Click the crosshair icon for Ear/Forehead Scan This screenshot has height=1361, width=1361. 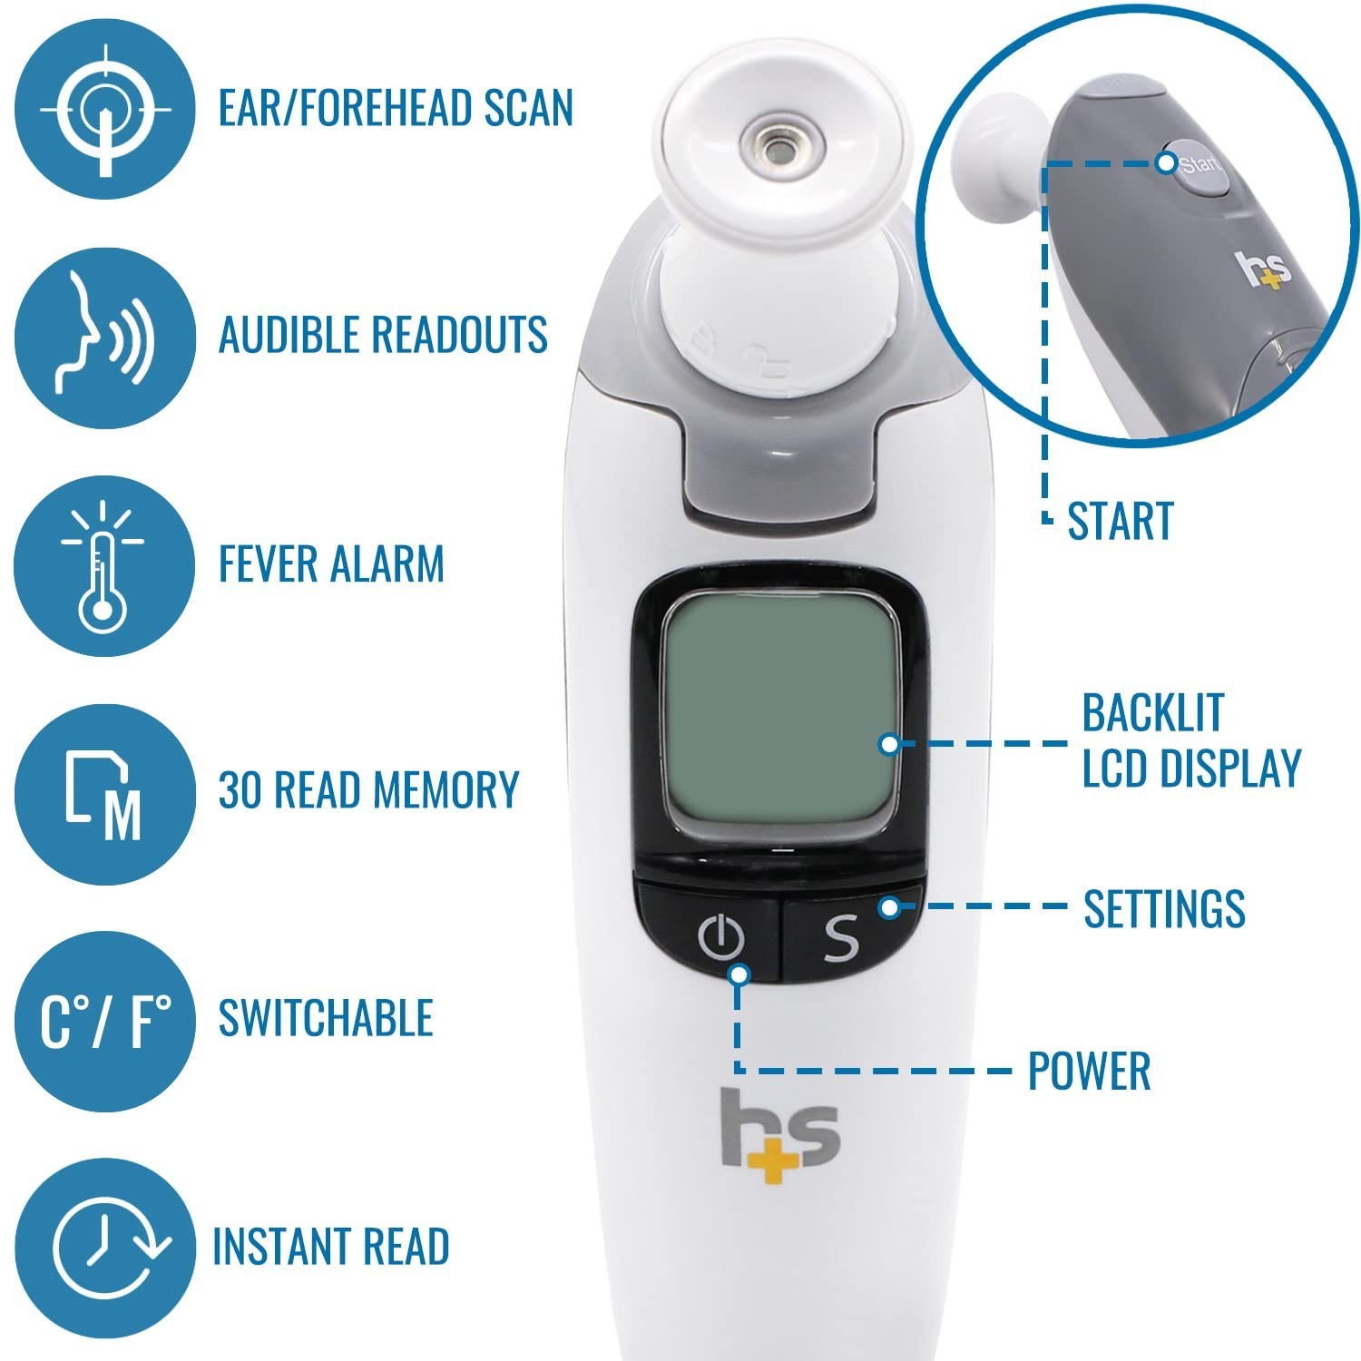(x=104, y=109)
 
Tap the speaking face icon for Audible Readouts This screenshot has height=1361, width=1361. (x=104, y=337)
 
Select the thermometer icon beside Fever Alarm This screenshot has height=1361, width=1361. (x=104, y=565)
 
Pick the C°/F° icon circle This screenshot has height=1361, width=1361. (x=104, y=1021)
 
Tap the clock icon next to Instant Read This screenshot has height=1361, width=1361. (x=104, y=1248)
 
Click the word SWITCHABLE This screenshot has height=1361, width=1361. (x=325, y=1018)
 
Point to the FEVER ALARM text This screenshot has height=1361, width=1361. (x=331, y=563)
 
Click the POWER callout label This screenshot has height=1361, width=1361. (x=1089, y=1071)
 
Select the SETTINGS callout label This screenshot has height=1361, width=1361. (x=1164, y=908)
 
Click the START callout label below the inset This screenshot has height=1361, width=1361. (x=1121, y=521)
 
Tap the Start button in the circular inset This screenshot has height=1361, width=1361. (x=1197, y=167)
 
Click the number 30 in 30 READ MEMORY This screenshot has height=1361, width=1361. (x=240, y=789)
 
